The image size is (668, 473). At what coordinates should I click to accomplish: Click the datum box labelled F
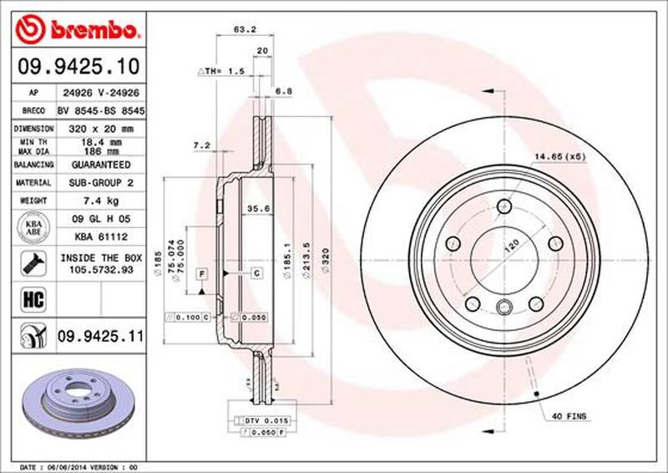coord(201,274)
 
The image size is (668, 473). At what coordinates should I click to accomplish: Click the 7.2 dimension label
coord(201,145)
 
